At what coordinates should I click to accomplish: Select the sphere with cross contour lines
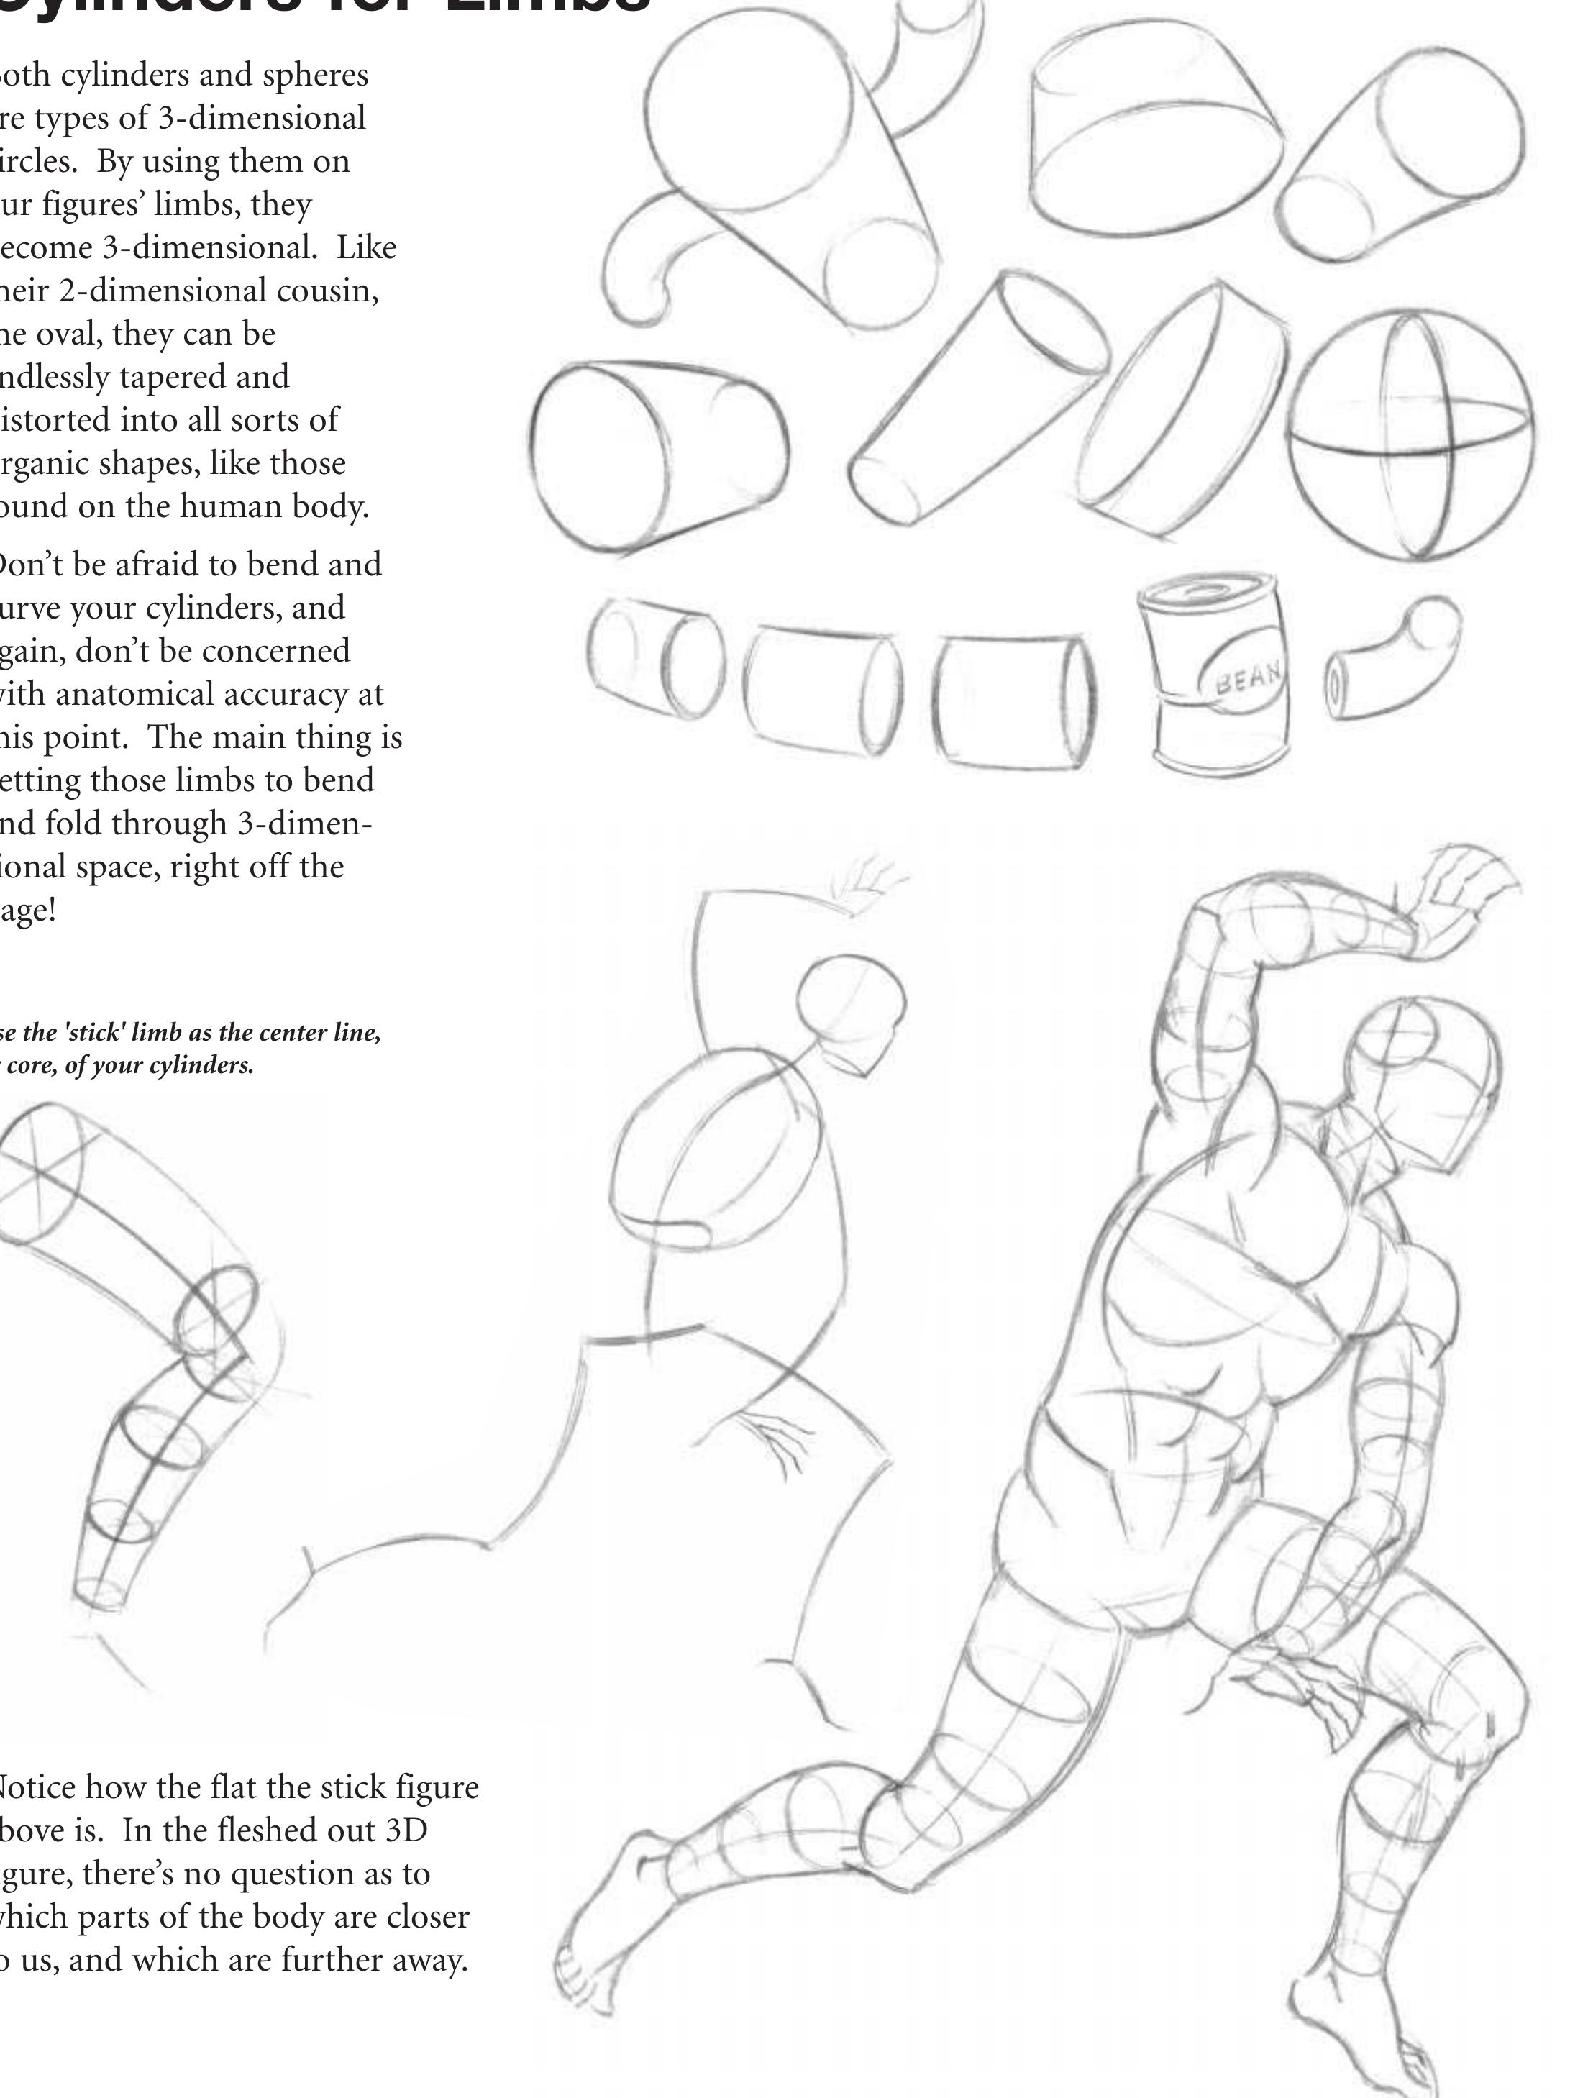[1410, 434]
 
